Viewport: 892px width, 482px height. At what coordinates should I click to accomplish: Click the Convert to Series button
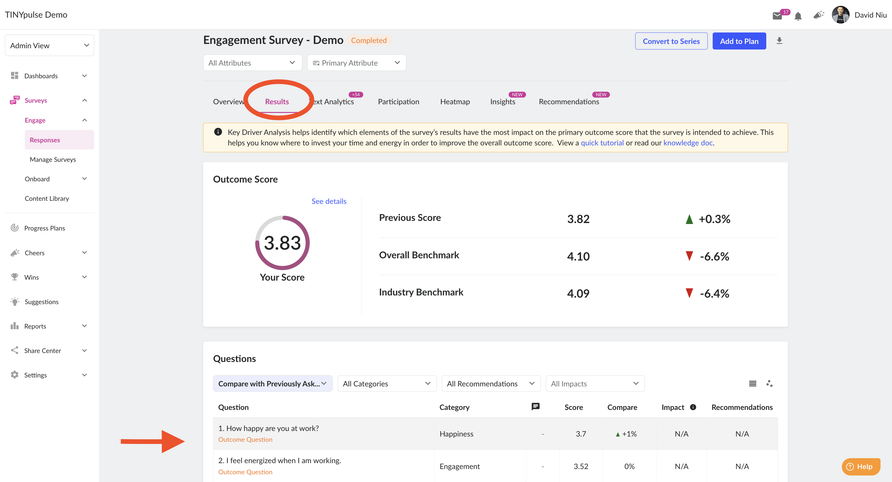click(x=671, y=41)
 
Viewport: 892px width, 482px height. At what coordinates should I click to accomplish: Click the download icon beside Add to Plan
click(x=779, y=41)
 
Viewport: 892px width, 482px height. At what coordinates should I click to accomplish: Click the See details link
click(x=329, y=201)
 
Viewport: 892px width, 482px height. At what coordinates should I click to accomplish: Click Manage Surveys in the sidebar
click(x=53, y=159)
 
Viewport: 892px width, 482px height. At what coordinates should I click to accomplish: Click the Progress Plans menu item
click(x=44, y=228)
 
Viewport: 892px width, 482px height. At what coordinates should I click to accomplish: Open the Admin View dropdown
click(x=49, y=45)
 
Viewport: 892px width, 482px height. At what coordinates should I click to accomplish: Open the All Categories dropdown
click(x=387, y=383)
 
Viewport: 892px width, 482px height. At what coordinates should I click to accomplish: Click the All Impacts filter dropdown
click(x=595, y=383)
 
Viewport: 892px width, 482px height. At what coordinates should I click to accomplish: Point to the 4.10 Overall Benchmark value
click(x=578, y=256)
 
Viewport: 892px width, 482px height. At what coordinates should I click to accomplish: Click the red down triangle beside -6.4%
click(x=689, y=293)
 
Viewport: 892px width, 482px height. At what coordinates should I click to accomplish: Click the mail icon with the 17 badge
click(x=777, y=15)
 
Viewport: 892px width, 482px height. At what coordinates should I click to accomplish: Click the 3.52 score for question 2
click(x=581, y=466)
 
